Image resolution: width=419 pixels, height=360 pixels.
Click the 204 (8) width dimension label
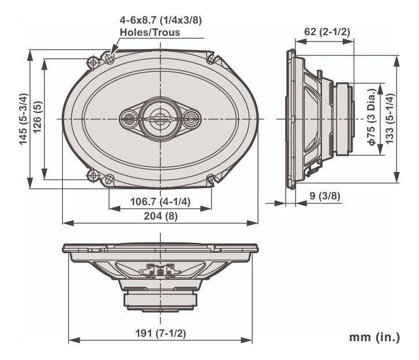coord(160,216)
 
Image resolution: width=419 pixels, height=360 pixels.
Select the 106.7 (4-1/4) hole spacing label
coord(160,201)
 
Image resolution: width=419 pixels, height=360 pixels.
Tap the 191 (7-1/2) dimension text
coord(160,333)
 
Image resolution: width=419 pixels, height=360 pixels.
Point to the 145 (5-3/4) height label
coord(24,119)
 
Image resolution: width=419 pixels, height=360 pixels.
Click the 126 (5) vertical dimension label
coord(38,117)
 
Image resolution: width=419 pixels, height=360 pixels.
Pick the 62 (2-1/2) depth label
coord(327,32)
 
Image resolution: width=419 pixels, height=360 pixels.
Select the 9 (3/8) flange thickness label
coord(325,196)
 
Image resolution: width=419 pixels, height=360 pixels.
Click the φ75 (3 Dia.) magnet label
coord(372,117)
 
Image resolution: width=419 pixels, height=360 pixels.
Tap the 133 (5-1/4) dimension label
coord(390,119)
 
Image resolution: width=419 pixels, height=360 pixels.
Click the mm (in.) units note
coord(375,337)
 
